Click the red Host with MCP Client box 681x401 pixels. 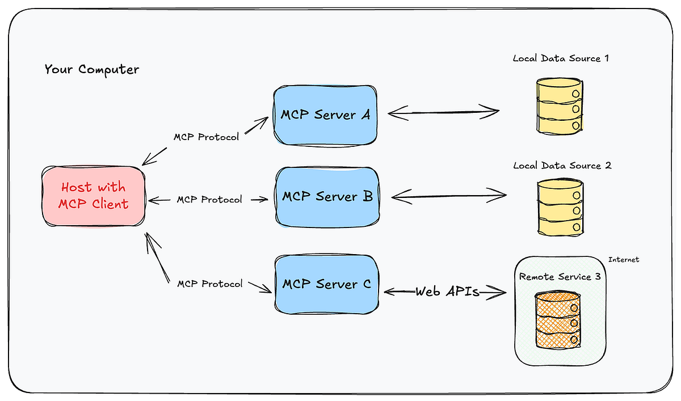pyautogui.click(x=94, y=196)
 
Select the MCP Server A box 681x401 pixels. pyautogui.click(x=325, y=115)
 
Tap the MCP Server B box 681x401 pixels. pyautogui.click(x=327, y=197)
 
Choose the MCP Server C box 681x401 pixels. pyautogui.click(x=327, y=284)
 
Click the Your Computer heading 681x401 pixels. pyautogui.click(x=91, y=70)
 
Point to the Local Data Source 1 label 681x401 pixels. pyautogui.click(x=561, y=58)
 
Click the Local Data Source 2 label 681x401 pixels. pyautogui.click(x=562, y=166)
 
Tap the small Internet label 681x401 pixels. pyautogui.click(x=623, y=260)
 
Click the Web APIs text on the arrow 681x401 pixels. pyautogui.click(x=447, y=292)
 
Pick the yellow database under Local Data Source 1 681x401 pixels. pyautogui.click(x=560, y=107)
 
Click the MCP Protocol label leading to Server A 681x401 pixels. pyautogui.click(x=206, y=137)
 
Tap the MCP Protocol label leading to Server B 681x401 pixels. pyautogui.click(x=209, y=200)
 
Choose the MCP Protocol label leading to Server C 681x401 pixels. pyautogui.click(x=209, y=283)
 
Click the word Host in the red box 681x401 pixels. pyautogui.click(x=77, y=188)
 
